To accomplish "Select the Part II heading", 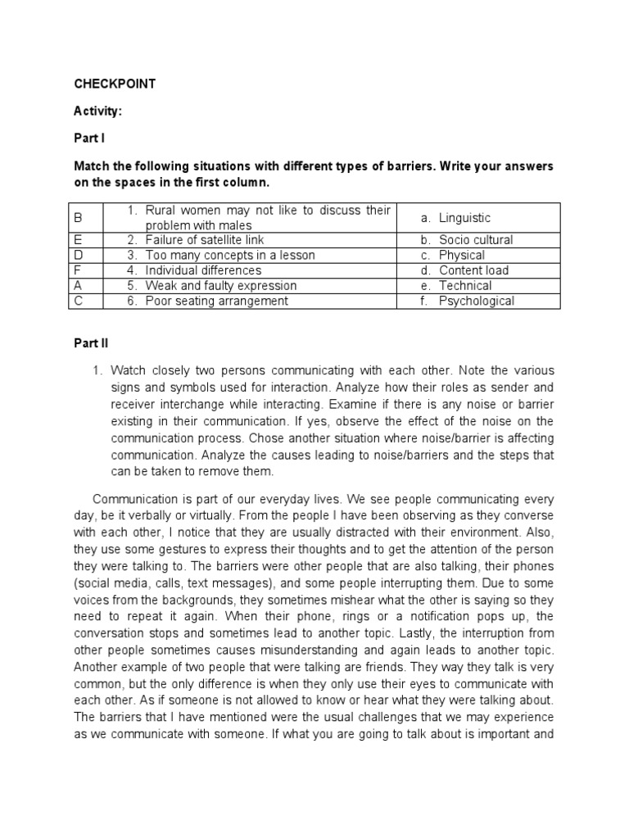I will pyautogui.click(x=91, y=345).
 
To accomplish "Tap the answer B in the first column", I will pyautogui.click(x=79, y=218).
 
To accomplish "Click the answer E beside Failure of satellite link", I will pyautogui.click(x=79, y=240).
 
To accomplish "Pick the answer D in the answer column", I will pyautogui.click(x=79, y=255).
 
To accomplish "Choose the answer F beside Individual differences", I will pyautogui.click(x=79, y=270).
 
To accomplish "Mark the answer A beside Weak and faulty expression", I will pyautogui.click(x=79, y=286).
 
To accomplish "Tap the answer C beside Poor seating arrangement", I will pyautogui.click(x=79, y=301).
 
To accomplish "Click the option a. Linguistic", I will pyautogui.click(x=455, y=218).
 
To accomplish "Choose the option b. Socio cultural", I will pyautogui.click(x=467, y=240).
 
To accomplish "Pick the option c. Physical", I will pyautogui.click(x=453, y=255).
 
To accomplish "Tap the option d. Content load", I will pyautogui.click(x=464, y=270).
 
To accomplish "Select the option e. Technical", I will pyautogui.click(x=456, y=286).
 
